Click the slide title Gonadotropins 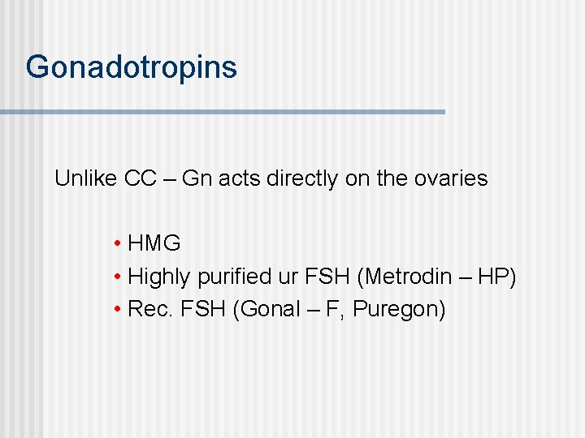click(x=131, y=67)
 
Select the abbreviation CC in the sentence click(x=141, y=178)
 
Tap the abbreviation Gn click(x=196, y=178)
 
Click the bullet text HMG click(x=154, y=243)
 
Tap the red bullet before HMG click(x=119, y=244)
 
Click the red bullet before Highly click(x=119, y=277)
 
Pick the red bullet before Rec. click(x=119, y=310)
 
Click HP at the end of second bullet click(x=495, y=277)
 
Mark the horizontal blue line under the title click(x=223, y=111)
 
